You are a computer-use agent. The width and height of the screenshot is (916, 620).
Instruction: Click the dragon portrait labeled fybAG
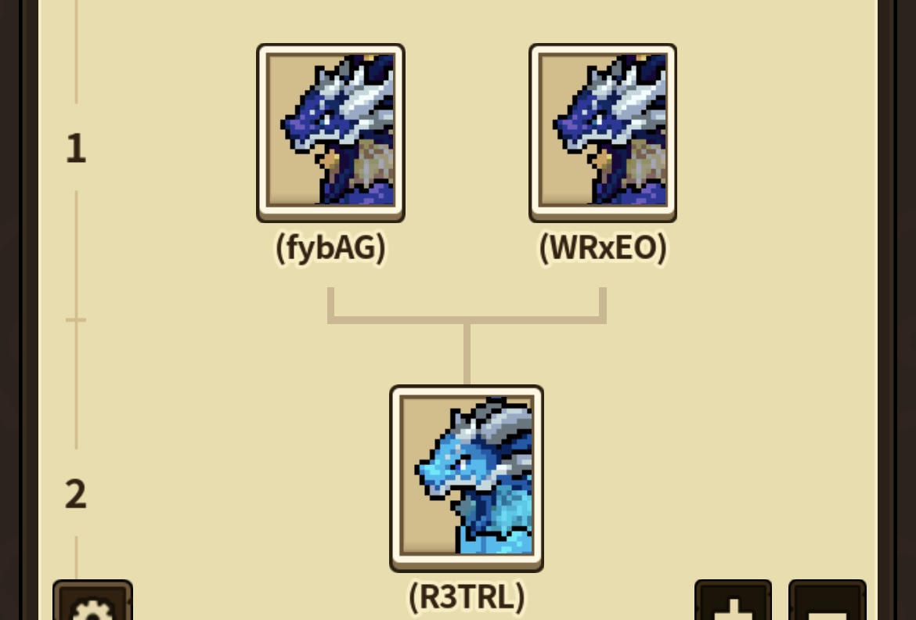(x=330, y=132)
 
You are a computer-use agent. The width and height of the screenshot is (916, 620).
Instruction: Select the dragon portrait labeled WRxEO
(x=603, y=132)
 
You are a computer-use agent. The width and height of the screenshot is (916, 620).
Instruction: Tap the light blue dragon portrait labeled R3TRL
(x=467, y=478)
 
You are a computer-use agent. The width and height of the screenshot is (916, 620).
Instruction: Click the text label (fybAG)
(x=330, y=248)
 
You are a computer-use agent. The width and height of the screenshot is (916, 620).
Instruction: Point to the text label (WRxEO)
(x=603, y=248)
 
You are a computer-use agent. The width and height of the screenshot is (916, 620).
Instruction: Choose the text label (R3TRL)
(x=467, y=597)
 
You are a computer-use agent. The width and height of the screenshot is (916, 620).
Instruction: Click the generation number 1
(x=76, y=149)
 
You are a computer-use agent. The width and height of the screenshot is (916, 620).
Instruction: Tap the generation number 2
(x=76, y=495)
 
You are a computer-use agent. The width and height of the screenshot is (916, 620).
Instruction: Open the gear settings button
(x=92, y=600)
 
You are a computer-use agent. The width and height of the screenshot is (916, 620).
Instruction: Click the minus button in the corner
(x=828, y=600)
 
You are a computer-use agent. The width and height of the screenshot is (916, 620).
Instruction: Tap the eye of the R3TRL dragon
(x=463, y=464)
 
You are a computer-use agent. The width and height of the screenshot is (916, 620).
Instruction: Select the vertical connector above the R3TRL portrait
(x=467, y=354)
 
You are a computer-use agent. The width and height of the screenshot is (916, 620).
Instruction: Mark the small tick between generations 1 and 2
(x=76, y=319)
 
